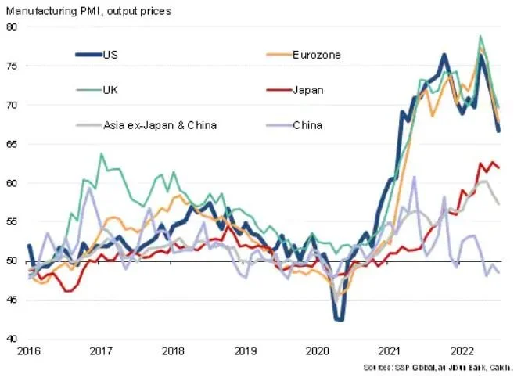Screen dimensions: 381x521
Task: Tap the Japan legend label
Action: click(308, 89)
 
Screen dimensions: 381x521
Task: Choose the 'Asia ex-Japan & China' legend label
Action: click(160, 124)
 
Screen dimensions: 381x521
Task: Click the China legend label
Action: click(307, 124)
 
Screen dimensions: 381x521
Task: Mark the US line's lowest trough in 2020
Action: click(338, 319)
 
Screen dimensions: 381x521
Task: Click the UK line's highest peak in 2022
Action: click(480, 37)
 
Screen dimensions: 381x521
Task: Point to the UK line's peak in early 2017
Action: click(101, 154)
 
